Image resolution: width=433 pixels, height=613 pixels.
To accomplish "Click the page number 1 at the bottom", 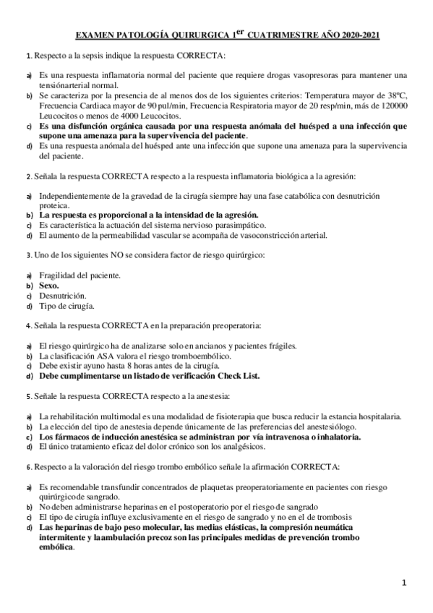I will tap(405, 582).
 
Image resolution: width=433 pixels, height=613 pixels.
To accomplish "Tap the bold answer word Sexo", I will tap(48, 286).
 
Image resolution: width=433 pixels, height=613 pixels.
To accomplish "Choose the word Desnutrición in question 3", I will tap(62, 296).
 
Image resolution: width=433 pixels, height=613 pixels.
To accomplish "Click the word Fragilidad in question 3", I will tap(58, 275).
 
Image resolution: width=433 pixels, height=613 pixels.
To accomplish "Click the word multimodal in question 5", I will tap(111, 416).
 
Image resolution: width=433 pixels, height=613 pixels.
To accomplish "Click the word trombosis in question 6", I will tap(330, 518).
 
